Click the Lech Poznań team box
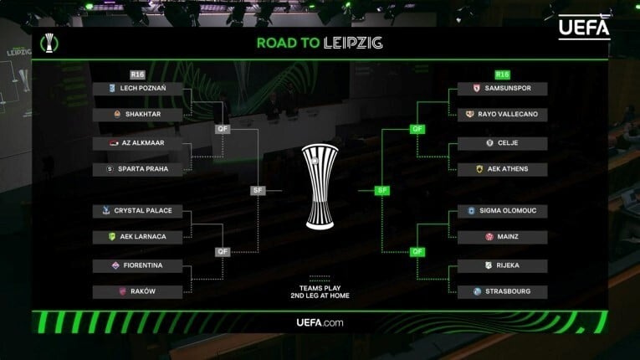(137, 89)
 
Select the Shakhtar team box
(137, 115)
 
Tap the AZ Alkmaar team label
(137, 143)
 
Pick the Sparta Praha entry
(137, 170)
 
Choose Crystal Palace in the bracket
(137, 211)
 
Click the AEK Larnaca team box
(137, 238)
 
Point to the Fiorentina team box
(137, 266)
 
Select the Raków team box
(137, 292)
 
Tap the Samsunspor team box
(503, 89)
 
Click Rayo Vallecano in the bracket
(503, 115)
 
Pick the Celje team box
(503, 143)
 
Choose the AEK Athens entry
(503, 170)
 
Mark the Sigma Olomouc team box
(503, 211)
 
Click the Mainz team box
(503, 238)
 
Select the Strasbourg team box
(503, 292)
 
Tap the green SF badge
(382, 190)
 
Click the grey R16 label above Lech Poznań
(137, 75)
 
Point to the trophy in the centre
(320, 187)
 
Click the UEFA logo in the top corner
(584, 27)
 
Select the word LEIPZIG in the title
(353, 43)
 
